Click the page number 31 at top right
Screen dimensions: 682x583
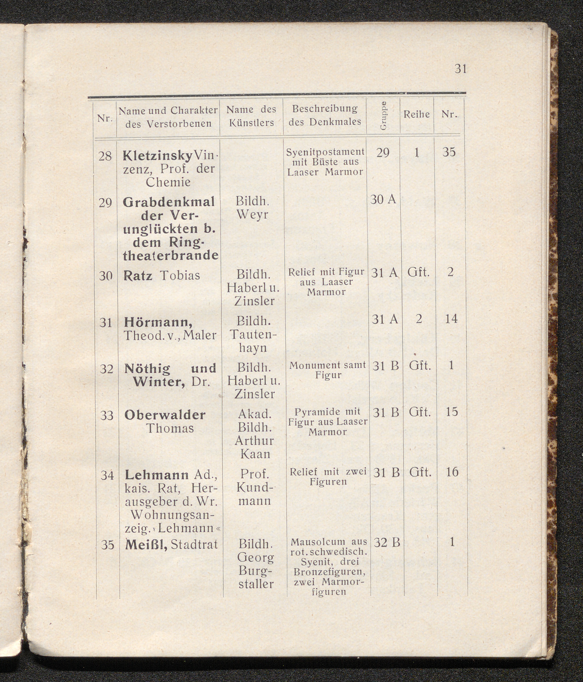460,69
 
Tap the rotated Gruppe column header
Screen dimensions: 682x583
383,116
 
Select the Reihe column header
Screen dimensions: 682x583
416,114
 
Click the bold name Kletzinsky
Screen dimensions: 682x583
157,156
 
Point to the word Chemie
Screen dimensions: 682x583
168,182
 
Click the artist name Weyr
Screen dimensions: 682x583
252,215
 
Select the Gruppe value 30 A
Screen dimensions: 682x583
383,199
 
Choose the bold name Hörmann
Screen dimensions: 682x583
158,322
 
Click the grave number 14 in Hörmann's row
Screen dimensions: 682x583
451,319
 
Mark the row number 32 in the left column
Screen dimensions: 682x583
107,369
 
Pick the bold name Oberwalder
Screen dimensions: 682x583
165,415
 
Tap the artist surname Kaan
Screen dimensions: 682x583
255,454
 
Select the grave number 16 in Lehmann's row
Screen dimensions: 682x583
452,472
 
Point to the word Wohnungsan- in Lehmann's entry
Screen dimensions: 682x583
172,514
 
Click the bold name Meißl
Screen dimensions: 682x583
146,545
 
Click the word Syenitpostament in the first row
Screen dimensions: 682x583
325,152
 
